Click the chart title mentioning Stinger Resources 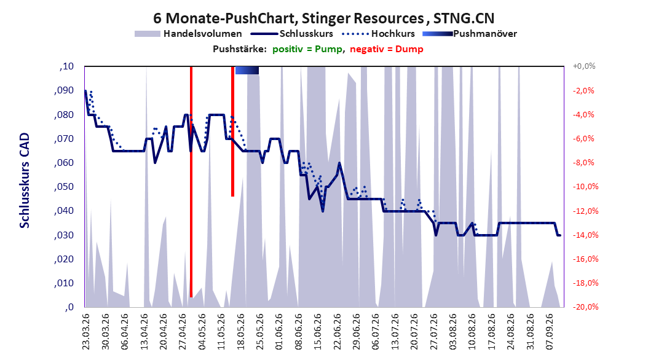tap(323, 18)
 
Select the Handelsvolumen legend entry tap(188, 34)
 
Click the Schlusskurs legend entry tap(292, 34)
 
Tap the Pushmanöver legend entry tap(470, 34)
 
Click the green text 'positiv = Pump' tap(307, 49)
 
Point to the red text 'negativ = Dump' tap(387, 49)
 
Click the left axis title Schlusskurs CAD tap(25, 181)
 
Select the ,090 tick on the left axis tap(64, 90)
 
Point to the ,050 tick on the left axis tap(64, 187)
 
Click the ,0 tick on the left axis tap(69, 307)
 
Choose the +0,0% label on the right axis tap(584, 66)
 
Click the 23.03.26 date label tap(86, 332)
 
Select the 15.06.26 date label tap(317, 332)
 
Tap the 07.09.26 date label tap(549, 332)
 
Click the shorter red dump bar tap(232, 131)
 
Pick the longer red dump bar tap(191, 182)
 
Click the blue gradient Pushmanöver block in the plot tap(247, 71)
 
